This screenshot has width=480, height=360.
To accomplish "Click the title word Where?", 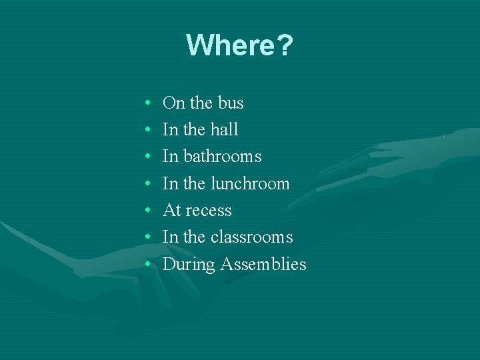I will [239, 45].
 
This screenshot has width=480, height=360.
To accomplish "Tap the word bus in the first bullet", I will [229, 103].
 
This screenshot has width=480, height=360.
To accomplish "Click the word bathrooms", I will [222, 156].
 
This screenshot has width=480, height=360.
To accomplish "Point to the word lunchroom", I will [250, 183].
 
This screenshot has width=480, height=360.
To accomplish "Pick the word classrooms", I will [251, 237].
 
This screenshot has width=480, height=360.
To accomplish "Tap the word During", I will [189, 265].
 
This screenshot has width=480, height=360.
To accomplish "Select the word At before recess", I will [171, 211].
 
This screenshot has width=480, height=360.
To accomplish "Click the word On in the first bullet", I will [173, 103].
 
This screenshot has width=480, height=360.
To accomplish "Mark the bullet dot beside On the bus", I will [146, 104].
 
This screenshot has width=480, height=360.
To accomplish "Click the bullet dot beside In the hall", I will [146, 131].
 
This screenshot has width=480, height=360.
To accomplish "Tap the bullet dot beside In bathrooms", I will [146, 157].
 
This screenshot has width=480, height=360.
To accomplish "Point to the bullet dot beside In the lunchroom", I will [146, 185].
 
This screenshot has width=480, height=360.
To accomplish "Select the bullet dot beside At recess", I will [146, 211].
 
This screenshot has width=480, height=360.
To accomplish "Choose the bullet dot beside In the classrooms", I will [146, 239].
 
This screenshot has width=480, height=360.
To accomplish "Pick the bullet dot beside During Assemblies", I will [146, 265].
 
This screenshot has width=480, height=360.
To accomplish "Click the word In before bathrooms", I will [170, 156].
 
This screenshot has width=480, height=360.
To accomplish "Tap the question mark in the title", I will [284, 45].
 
